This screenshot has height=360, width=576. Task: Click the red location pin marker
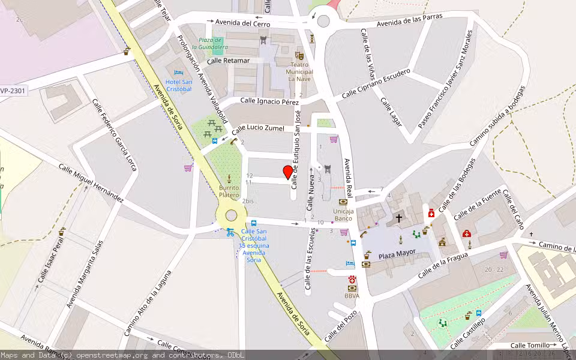pos(287,173)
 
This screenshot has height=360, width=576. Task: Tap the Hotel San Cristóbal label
pos(179,85)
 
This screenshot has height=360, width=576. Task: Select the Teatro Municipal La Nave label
pos(300,71)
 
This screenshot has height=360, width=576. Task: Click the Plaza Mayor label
pos(397,256)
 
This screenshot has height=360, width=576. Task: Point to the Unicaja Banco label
pos(343,215)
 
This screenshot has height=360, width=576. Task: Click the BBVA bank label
pos(352,296)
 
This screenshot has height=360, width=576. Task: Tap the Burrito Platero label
pos(229,191)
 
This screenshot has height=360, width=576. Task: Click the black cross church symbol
pos(398,218)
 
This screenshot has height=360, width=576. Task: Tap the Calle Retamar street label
pos(228,61)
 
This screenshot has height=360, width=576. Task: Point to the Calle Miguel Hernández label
pos(91,182)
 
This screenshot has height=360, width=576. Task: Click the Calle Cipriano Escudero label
pos(376,83)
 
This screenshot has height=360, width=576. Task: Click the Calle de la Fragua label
pos(442,265)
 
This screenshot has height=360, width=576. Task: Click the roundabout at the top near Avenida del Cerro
pos(323,22)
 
